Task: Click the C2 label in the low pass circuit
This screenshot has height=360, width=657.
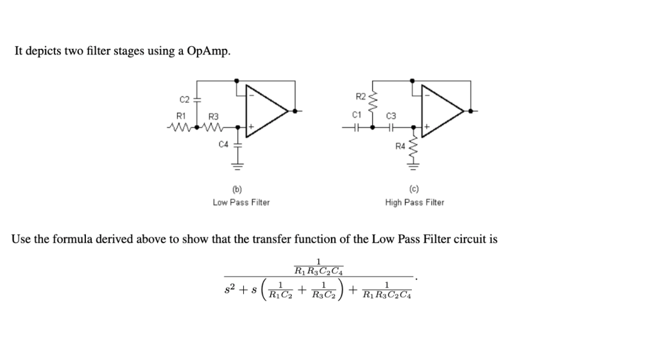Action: [184, 99]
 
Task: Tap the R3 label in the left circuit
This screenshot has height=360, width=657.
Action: [214, 116]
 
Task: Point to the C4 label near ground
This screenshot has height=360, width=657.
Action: [223, 145]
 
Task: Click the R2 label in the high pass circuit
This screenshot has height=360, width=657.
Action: [360, 96]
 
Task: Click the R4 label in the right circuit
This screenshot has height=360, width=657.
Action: [400, 147]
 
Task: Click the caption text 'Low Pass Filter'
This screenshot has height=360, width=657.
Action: [241, 202]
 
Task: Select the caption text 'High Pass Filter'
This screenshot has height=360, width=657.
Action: [414, 202]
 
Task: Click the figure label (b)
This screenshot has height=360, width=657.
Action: [237, 190]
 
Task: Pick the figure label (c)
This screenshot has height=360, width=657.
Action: [414, 190]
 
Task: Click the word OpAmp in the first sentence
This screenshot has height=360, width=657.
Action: [207, 51]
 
